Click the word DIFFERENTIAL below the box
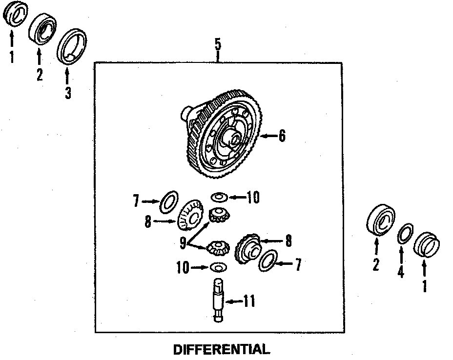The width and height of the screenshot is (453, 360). [221, 349]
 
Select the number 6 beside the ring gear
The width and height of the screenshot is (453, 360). [281, 136]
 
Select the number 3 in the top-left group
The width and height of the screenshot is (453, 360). [67, 92]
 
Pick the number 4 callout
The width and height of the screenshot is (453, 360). [401, 272]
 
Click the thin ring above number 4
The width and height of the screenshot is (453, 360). [405, 234]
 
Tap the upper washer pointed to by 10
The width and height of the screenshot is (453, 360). [219, 197]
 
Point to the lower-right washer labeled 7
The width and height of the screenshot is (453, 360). [268, 260]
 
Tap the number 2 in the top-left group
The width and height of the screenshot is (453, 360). [39, 75]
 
